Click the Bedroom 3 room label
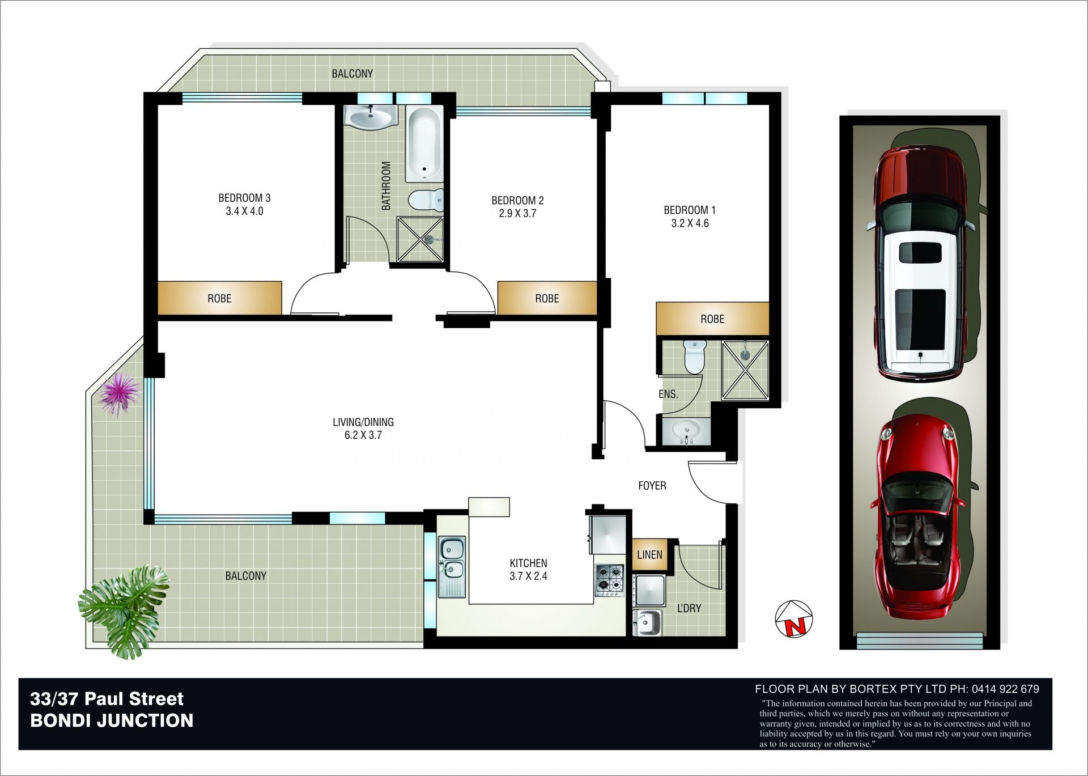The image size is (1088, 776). (244, 198)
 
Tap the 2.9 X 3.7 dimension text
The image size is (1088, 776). (517, 214)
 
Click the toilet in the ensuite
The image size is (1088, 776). (693, 356)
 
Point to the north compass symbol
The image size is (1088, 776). (794, 619)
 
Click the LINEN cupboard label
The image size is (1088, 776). (649, 554)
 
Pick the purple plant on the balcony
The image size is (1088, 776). (118, 393)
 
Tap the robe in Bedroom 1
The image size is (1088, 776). (712, 319)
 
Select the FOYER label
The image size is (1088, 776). (652, 486)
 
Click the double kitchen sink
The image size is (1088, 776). (452, 566)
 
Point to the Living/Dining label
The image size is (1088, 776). (363, 422)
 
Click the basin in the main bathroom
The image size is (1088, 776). (371, 118)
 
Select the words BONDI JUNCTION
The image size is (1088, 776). (112, 720)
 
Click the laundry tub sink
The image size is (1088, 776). (648, 622)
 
